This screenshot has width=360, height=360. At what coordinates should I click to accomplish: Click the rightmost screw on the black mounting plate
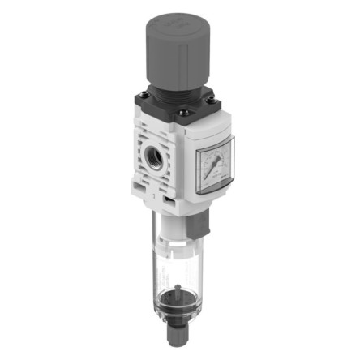212,101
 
